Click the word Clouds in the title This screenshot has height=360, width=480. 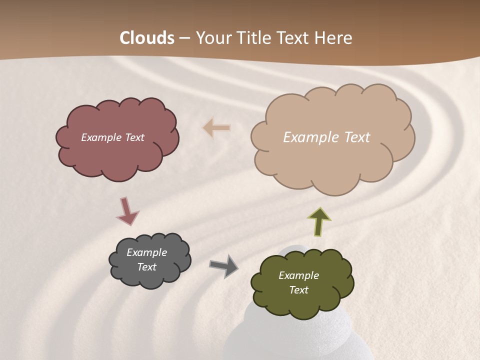pos(147,38)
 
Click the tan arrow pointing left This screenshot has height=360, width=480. pos(216,128)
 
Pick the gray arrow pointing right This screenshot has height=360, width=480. pos(224,265)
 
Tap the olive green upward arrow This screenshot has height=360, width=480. pos(319,221)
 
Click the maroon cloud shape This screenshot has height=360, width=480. pos(117,155)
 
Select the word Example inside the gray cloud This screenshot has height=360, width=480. pos(146,252)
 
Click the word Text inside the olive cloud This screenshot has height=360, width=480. pos(298,290)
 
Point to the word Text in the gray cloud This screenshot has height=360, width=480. pos(146,267)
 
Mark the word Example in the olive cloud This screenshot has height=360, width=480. pos(298,275)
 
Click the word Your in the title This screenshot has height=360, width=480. pos(214,38)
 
